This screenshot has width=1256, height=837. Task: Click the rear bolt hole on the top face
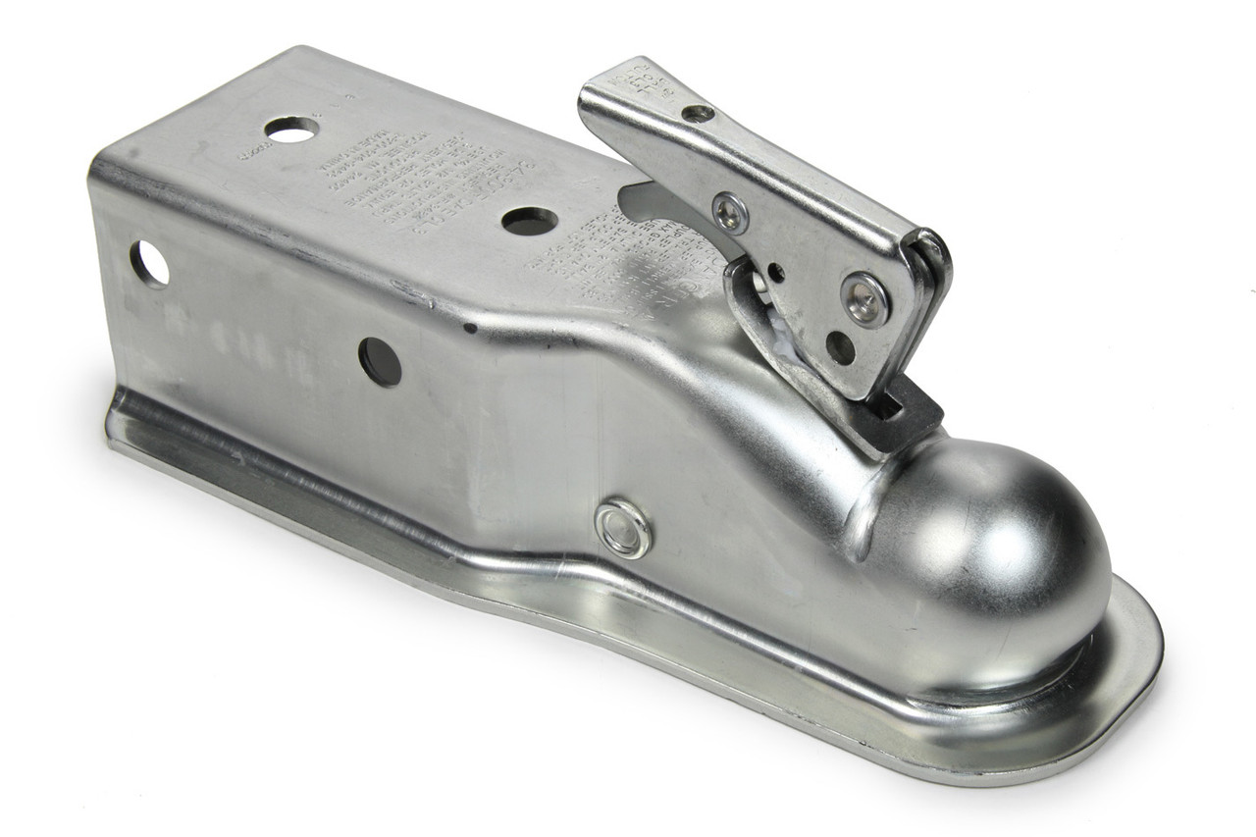[291, 129]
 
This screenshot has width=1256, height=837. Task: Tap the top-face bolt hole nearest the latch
[530, 221]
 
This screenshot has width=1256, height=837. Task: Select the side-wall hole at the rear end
[149, 264]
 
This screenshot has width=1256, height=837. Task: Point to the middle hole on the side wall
[380, 361]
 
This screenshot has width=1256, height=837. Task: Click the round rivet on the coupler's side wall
[623, 529]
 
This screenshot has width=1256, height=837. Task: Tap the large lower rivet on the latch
[865, 298]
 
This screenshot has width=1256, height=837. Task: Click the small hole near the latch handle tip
[698, 114]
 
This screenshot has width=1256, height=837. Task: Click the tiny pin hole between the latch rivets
[776, 269]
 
